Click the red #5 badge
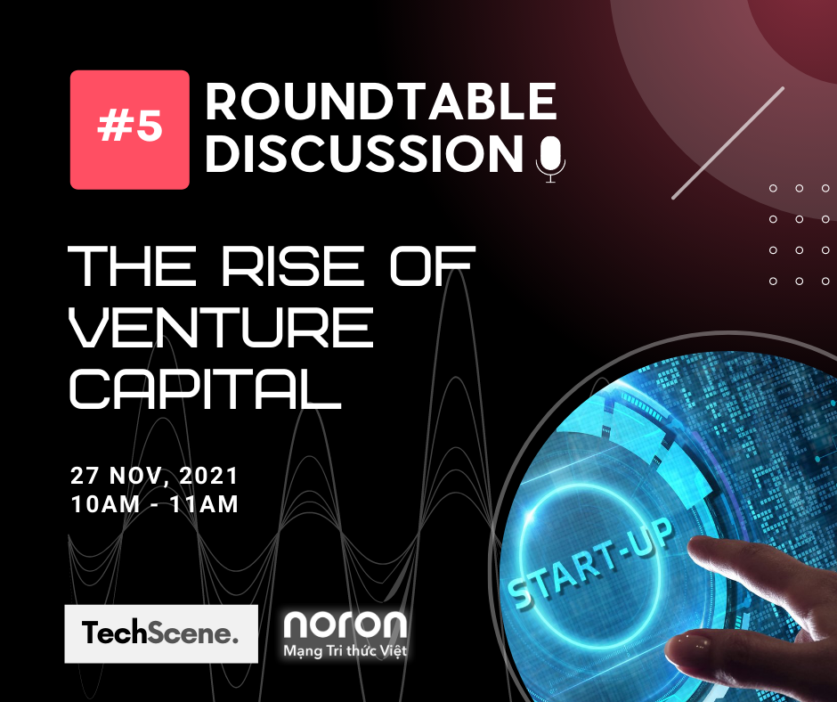[x=130, y=129]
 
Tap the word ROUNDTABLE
[x=381, y=102]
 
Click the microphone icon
[x=550, y=159]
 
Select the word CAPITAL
[x=206, y=388]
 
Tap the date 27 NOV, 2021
[x=155, y=474]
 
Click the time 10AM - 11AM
[x=155, y=504]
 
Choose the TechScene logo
[x=161, y=633]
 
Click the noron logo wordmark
[x=345, y=625]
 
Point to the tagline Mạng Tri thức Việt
[x=345, y=652]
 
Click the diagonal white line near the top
[x=727, y=143]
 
